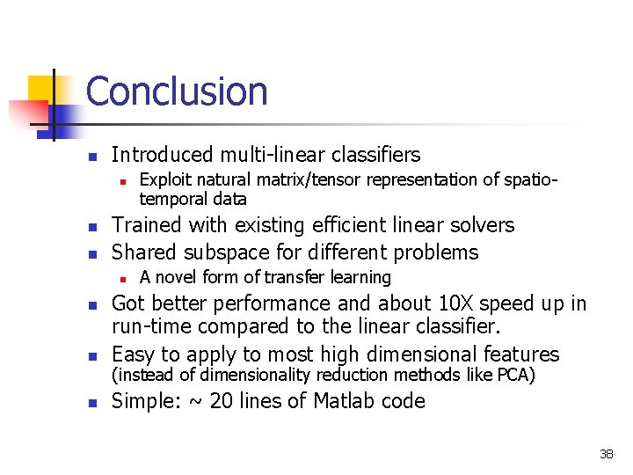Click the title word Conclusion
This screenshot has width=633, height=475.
click(177, 91)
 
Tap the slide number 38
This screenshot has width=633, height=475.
click(606, 455)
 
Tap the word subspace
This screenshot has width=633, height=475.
click(225, 252)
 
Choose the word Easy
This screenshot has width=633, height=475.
click(132, 354)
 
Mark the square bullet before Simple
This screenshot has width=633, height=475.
click(91, 402)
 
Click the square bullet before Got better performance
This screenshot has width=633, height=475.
click(91, 305)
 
